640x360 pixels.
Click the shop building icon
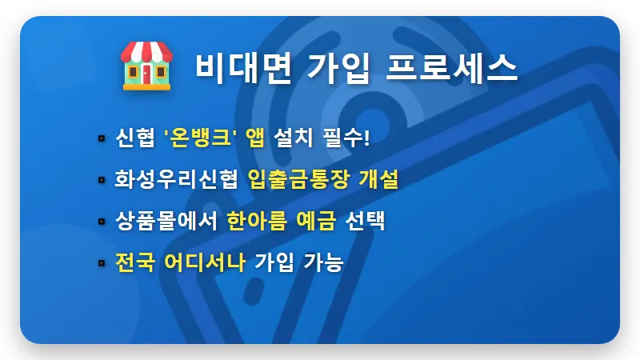[x=145, y=66]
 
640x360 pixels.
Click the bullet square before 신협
[x=102, y=139]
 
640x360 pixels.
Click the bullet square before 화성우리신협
[x=102, y=180]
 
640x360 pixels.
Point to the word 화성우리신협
[x=176, y=179]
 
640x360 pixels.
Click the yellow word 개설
[x=376, y=179]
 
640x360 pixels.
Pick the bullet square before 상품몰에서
[x=102, y=222]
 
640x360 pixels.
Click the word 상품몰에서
[x=166, y=221]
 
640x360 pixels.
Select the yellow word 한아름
[x=255, y=221]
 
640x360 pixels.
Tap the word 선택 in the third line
[x=365, y=221]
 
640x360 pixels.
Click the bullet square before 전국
[x=102, y=262]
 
